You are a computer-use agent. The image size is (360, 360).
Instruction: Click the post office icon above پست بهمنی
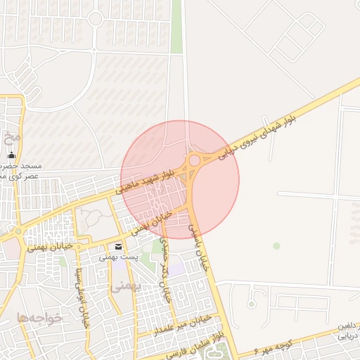[117, 246]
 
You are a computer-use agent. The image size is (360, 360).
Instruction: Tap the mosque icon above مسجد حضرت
[11, 155]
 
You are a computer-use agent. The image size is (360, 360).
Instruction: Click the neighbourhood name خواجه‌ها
[41, 318]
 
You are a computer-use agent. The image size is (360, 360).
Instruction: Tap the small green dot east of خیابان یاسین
[276, 245]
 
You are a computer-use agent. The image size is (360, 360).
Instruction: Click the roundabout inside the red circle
[194, 161]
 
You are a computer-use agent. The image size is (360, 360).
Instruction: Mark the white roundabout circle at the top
[96, 18]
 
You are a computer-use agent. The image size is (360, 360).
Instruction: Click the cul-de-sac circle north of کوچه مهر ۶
[251, 304]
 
